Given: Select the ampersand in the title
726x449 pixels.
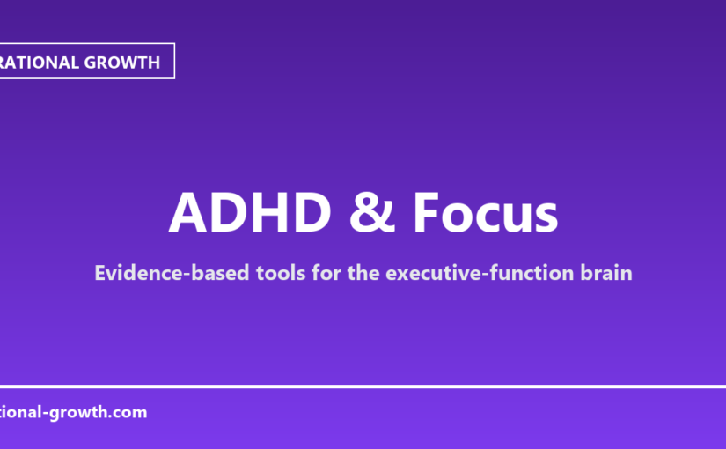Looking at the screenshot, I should point(371,212).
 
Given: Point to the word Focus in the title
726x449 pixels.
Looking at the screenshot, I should point(486,212).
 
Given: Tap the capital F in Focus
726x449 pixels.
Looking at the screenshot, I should point(429,212).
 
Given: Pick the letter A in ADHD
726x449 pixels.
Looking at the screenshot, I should point(187,212).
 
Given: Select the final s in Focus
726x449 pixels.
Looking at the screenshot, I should point(546,214).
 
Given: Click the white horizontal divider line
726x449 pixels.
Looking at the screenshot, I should point(363,386).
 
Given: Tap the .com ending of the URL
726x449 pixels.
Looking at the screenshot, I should point(128,411).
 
